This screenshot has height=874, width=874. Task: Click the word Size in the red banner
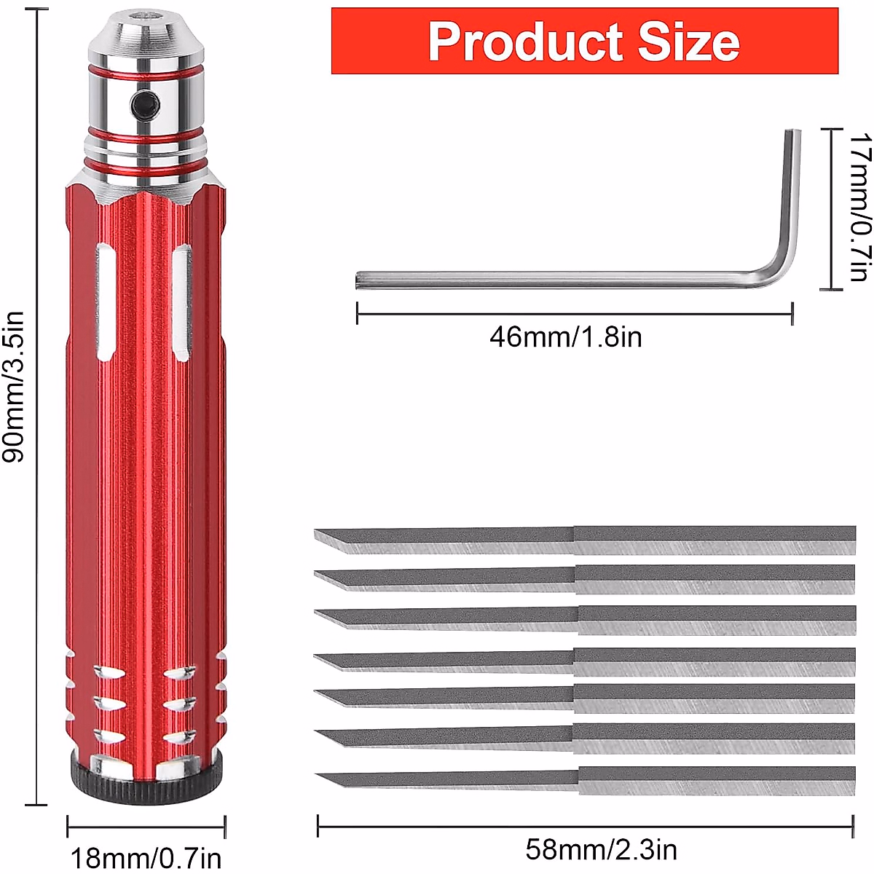[688, 42]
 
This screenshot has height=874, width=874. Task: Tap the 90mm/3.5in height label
[15, 386]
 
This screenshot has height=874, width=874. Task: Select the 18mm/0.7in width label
[146, 857]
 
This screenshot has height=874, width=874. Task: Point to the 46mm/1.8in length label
[565, 337]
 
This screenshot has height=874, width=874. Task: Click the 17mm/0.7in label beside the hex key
[859, 207]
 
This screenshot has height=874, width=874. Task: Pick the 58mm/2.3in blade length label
[601, 849]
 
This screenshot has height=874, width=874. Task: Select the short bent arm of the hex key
[792, 197]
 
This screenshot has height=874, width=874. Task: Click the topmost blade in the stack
[583, 540]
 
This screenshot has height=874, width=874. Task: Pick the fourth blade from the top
[583, 661]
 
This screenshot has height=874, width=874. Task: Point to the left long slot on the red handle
[106, 302]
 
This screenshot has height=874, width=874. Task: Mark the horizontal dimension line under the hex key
[574, 314]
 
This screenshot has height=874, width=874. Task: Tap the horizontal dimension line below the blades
[585, 827]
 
